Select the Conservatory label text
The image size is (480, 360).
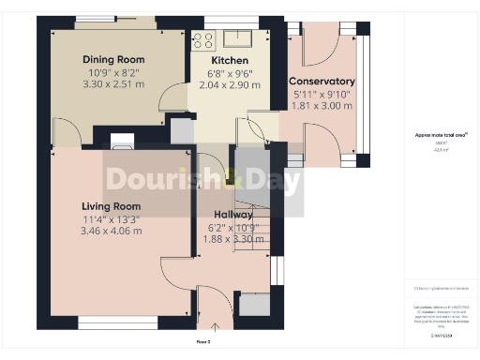(x=322, y=82)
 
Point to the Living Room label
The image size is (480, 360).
(x=111, y=206)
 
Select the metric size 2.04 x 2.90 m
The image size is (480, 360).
(x=230, y=84)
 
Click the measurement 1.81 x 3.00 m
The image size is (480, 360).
(x=322, y=106)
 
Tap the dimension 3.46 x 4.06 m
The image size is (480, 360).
(x=111, y=231)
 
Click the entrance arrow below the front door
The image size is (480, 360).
(x=215, y=327)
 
